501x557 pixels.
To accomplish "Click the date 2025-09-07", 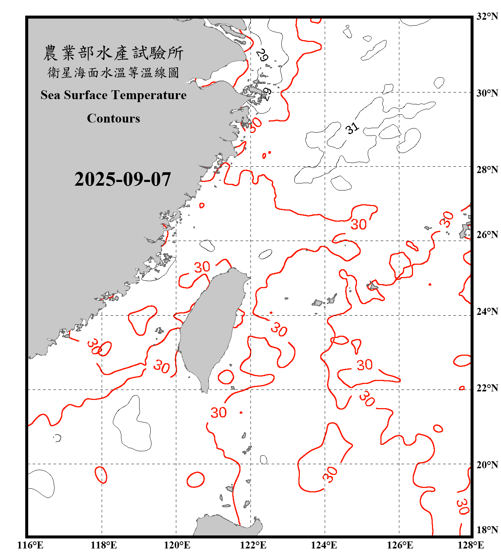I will tap(122, 179).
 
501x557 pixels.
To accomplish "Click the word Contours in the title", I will tap(114, 118).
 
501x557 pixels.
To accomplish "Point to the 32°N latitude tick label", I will tap(487, 16).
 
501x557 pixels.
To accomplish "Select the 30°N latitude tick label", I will tap(487, 93).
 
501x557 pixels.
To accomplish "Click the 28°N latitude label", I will tap(487, 170).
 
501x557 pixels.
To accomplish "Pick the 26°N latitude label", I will tap(487, 235).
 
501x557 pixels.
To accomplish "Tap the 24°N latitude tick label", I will tap(487, 311).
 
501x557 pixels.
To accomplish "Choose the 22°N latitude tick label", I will tap(487, 388).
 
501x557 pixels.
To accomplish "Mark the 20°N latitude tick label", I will tap(487, 465).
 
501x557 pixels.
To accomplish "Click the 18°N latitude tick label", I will tap(487, 530).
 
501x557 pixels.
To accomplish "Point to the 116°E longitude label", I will tap(30, 545).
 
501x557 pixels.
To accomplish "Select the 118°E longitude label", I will tap(104, 545).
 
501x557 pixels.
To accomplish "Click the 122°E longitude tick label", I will tap(253, 545).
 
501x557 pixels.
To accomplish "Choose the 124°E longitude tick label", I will tap(324, 545).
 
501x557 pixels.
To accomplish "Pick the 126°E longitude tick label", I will tap(400, 545).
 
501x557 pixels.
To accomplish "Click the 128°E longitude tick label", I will tap(471, 545).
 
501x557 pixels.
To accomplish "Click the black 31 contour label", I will tap(352, 128).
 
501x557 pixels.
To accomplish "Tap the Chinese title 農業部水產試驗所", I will tap(113, 53).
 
